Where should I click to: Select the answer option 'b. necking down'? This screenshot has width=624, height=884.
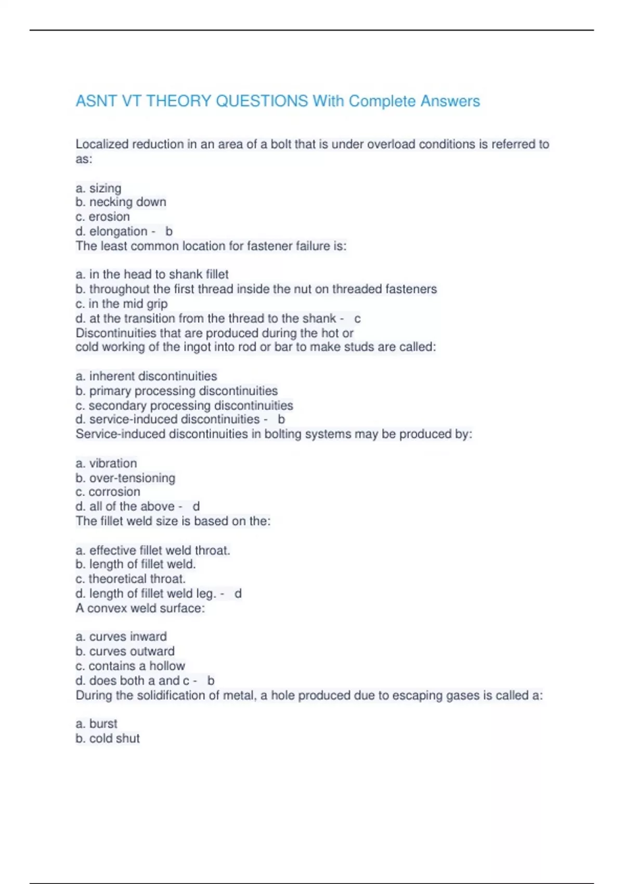121,202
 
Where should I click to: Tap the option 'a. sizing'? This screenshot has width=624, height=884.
98,188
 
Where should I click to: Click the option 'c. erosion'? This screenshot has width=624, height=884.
102,216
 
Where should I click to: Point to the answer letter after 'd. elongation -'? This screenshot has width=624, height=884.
169,231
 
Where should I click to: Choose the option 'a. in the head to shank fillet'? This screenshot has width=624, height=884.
152,274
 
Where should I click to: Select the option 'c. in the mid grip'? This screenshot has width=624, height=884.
121,304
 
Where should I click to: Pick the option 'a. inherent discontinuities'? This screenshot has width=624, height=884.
146,376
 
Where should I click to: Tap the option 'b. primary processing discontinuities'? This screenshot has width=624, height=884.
176,391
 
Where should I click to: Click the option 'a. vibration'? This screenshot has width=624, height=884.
106,463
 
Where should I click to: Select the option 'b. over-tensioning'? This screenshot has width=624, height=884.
125,477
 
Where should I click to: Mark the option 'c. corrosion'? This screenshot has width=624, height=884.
108,491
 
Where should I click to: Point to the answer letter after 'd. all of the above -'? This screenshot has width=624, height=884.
196,506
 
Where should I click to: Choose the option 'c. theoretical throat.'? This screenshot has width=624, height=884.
130,579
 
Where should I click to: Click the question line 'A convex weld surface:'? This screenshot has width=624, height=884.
140,608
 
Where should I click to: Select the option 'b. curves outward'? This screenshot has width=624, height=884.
125,651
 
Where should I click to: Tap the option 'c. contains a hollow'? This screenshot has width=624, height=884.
130,666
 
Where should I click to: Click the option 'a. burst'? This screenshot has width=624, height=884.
96,723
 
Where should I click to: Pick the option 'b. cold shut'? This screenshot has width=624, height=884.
108,738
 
